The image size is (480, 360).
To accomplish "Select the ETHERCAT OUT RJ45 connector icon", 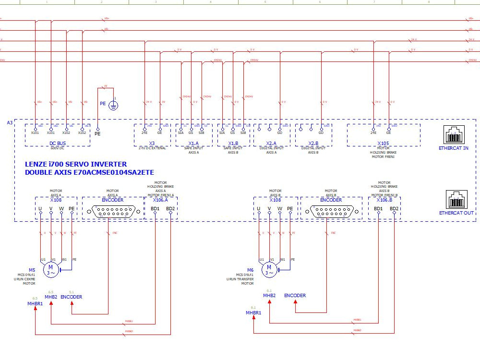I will point(456,199).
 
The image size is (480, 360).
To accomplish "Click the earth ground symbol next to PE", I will point(114,105).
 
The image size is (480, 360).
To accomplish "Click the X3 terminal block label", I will point(152,144).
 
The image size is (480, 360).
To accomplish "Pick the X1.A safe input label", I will point(193,144).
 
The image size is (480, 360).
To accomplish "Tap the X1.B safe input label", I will point(233,144).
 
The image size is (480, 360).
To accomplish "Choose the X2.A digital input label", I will point(271,144).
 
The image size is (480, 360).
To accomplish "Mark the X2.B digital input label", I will point(313,144).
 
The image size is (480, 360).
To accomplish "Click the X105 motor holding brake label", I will point(383,144).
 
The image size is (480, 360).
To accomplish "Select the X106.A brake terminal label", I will point(160,200).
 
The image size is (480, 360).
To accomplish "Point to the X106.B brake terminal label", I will point(384,200).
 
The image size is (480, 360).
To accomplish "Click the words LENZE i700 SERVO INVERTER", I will point(76,164).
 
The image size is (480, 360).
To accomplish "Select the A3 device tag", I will point(10,123).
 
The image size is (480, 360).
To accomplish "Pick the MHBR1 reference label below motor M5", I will point(35,303).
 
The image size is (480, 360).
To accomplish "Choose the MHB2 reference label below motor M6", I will point(269,295).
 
